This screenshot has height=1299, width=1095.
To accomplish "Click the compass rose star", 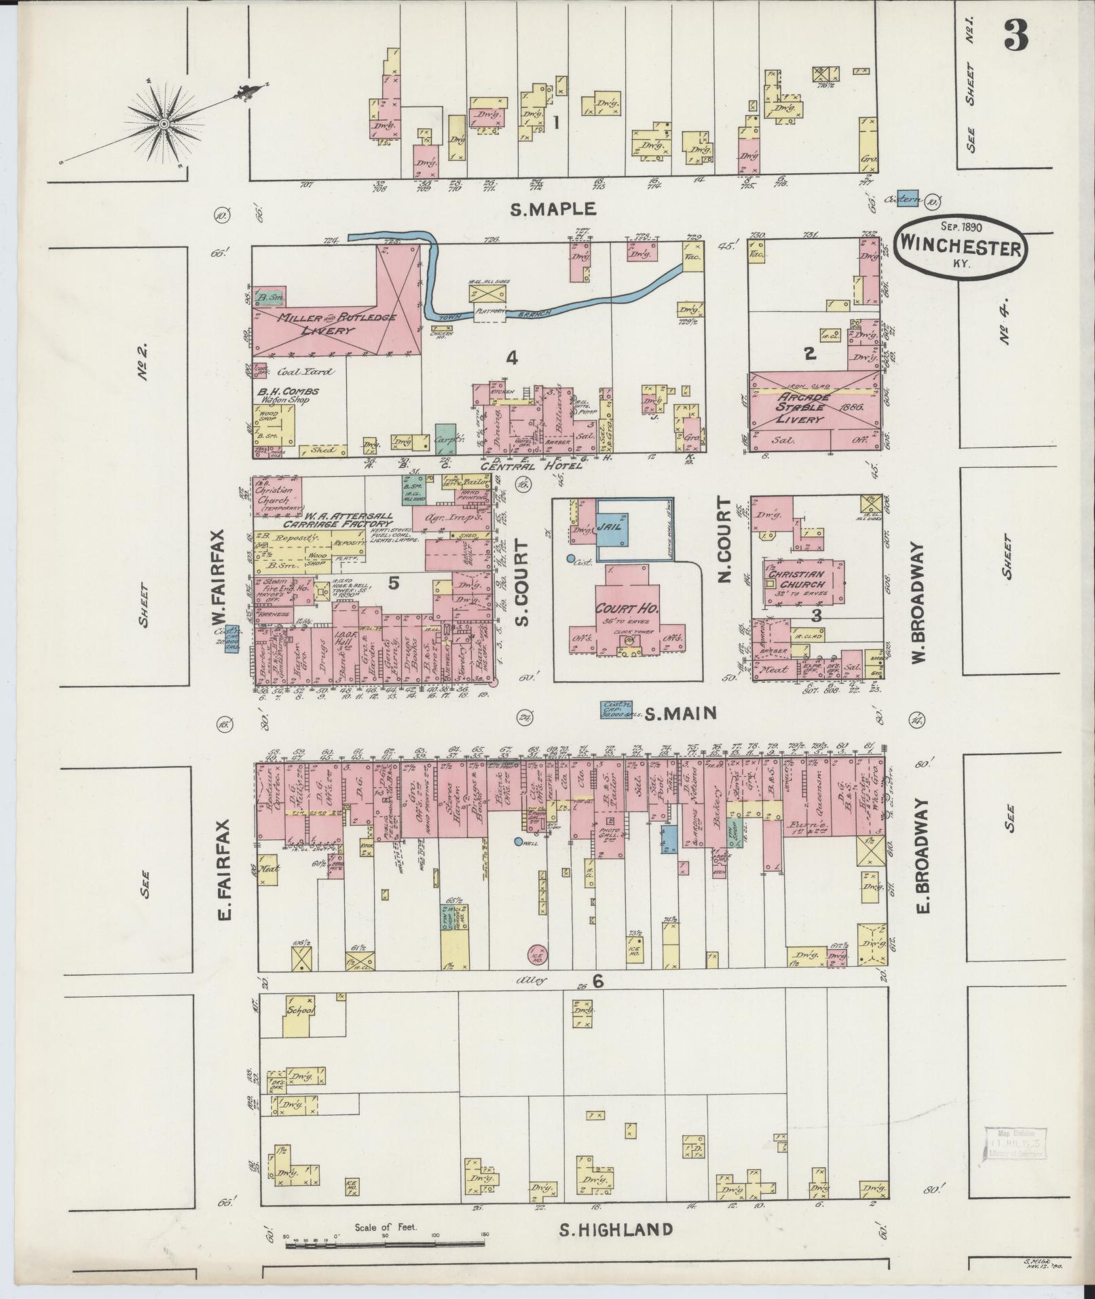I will click(x=164, y=124).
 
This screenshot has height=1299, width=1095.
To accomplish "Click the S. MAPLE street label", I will click(x=553, y=208).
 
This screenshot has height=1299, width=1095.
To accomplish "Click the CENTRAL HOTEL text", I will click(x=532, y=466).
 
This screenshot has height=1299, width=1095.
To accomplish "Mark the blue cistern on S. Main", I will click(x=613, y=710).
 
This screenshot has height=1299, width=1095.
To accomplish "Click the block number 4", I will click(x=512, y=357).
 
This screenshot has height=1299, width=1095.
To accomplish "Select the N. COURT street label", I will click(x=724, y=541).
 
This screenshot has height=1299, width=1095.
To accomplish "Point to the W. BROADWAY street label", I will click(x=921, y=603).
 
